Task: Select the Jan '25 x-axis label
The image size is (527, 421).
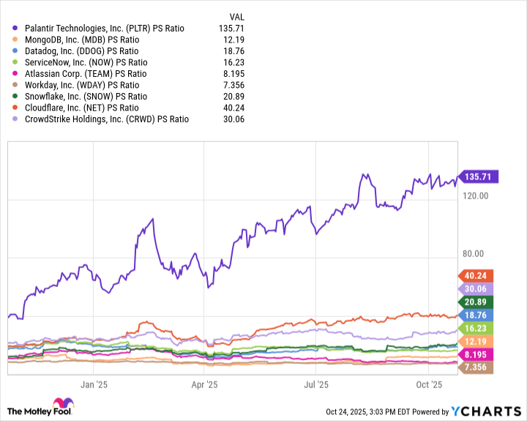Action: pyautogui.click(x=94, y=384)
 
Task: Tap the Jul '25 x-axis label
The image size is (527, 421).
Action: pyautogui.click(x=315, y=384)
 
